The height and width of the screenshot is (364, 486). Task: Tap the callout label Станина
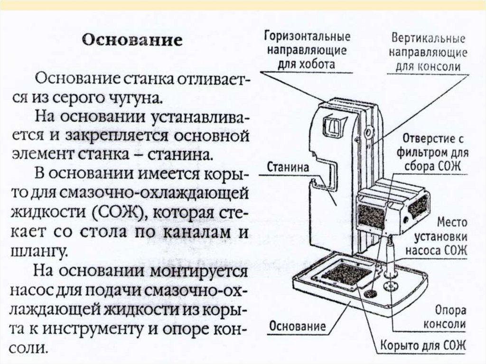tap(289, 168)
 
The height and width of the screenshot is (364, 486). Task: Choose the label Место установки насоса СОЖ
tap(441, 236)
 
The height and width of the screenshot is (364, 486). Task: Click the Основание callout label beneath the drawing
tap(298, 326)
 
